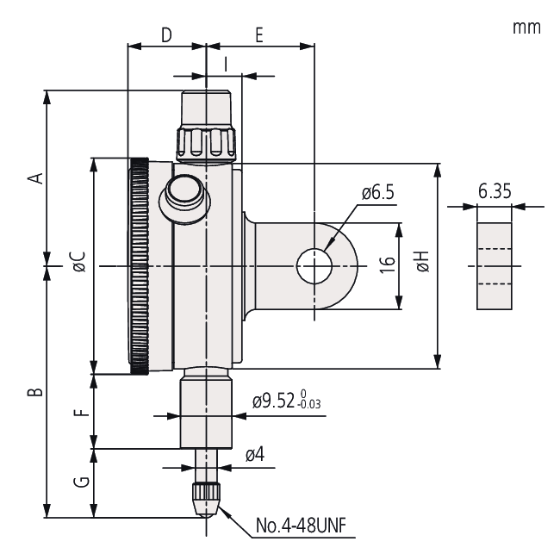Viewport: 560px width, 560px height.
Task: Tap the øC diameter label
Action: [x=78, y=264]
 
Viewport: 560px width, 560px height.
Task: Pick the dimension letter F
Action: [x=81, y=411]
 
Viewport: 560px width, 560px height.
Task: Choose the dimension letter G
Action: [x=81, y=483]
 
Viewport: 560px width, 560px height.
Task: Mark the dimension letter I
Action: [x=225, y=63]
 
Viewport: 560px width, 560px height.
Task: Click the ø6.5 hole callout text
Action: [x=377, y=193]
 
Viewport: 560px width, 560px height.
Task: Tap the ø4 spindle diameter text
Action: [x=254, y=455]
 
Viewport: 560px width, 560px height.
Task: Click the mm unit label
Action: [x=526, y=28]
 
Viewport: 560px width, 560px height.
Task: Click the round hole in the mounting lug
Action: [x=314, y=265]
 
